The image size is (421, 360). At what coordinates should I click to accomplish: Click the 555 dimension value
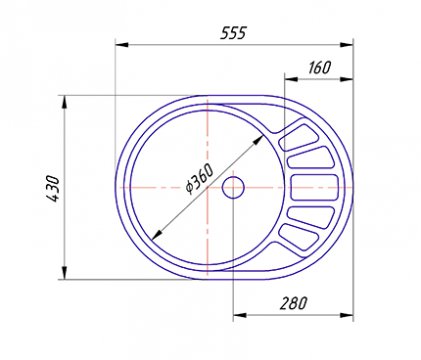233,33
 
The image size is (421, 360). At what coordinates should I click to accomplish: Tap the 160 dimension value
320,67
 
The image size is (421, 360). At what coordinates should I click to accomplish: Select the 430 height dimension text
53,188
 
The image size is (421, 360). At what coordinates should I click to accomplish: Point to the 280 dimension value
293,303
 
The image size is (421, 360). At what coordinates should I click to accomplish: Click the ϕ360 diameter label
199,179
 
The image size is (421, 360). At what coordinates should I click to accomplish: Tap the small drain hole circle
233,188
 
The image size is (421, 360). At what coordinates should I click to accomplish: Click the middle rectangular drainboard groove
315,188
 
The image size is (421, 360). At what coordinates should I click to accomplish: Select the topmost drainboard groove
296,137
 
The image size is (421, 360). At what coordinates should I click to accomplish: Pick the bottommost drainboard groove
297,237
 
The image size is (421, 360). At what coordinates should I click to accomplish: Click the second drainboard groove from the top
310,157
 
